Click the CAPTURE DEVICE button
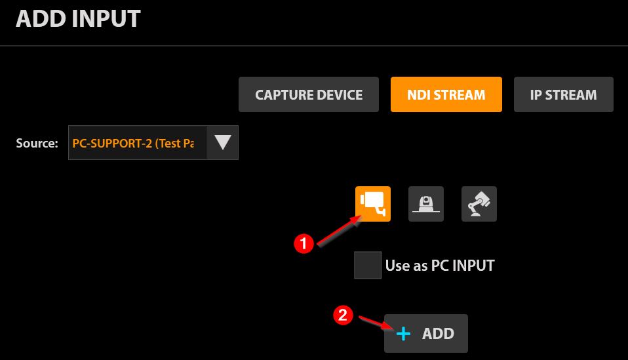pos(308,94)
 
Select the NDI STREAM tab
pos(446,94)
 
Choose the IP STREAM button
pos(564,94)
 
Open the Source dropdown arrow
pos(223,142)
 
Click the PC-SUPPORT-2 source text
pos(133,144)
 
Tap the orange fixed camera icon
pos(373,204)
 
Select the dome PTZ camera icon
pos(425,204)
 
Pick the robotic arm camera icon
pos(479,204)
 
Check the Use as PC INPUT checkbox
pos(368,265)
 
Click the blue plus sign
pos(403,334)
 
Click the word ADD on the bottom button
pos(438,334)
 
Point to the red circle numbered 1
pos(304,243)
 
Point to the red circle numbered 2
pos(343,315)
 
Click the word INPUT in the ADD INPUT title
pos(108,19)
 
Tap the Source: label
pos(37,144)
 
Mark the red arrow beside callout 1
pos(339,230)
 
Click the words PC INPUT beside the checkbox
pos(463,266)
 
